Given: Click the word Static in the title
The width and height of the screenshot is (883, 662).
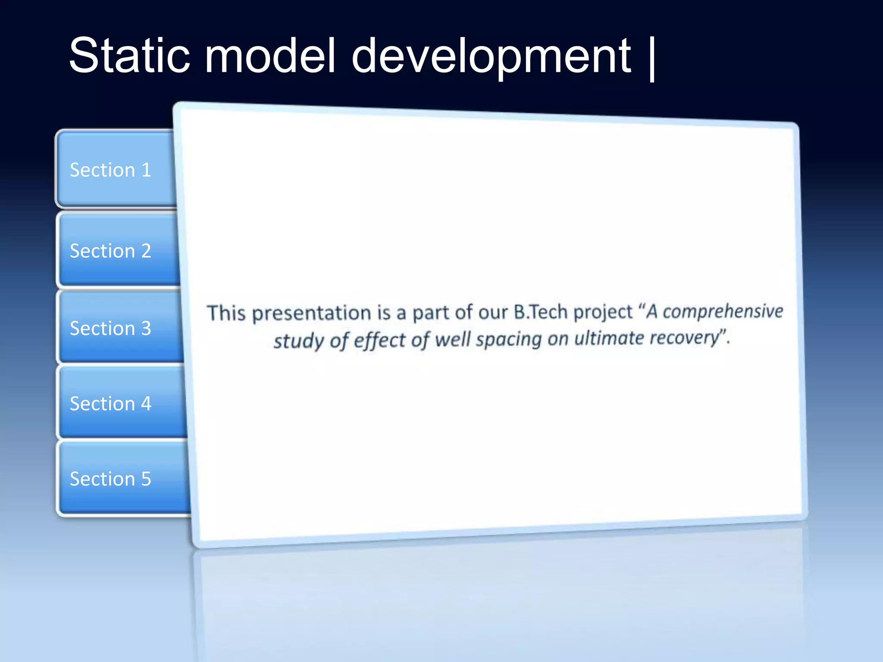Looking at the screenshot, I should pyautogui.click(x=129, y=56).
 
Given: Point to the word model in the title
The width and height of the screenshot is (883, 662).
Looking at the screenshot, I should pyautogui.click(x=269, y=56).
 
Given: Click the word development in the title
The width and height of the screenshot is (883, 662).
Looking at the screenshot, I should pyautogui.click(x=491, y=56).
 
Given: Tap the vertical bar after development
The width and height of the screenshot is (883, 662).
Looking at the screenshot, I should pyautogui.click(x=651, y=58).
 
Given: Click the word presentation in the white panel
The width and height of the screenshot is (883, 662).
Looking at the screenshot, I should pyautogui.click(x=311, y=313).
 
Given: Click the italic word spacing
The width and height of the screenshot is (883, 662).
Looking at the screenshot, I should pyautogui.click(x=508, y=340).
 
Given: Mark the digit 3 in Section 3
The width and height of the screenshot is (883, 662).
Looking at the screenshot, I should pyautogui.click(x=146, y=328).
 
